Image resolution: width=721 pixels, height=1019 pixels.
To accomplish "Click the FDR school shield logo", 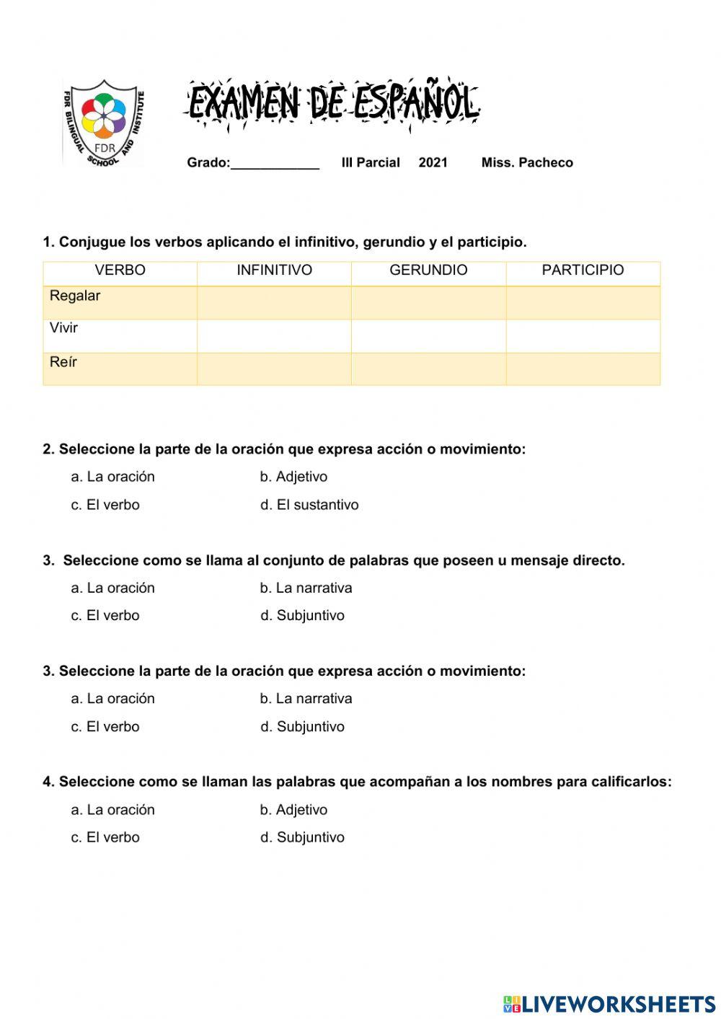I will click(x=104, y=122).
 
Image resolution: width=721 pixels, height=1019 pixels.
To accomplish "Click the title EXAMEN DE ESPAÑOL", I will click(x=333, y=103).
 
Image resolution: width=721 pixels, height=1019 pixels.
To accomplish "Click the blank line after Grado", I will click(x=275, y=163).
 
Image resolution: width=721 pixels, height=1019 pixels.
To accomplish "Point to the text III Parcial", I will click(x=371, y=163).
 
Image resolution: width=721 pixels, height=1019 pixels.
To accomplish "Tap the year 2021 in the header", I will click(x=433, y=163).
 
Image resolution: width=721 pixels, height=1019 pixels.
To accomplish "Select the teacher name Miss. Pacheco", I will click(x=527, y=163).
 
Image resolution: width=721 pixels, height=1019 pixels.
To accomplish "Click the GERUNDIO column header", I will click(x=428, y=270).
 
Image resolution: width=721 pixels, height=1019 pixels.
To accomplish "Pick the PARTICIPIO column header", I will click(x=583, y=270).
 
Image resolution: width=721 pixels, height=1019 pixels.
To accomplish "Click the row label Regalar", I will click(x=75, y=296).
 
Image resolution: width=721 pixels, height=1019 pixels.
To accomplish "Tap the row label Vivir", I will click(x=63, y=328).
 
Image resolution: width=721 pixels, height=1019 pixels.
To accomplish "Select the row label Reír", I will click(x=63, y=362).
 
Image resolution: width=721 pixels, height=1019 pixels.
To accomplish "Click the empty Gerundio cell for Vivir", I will click(x=428, y=336).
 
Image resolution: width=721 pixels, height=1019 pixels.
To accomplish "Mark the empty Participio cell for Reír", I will click(x=583, y=369).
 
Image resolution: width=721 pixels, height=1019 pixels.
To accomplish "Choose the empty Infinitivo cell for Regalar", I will click(x=274, y=303).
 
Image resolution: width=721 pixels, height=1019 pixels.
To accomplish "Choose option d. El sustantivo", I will click(x=309, y=505).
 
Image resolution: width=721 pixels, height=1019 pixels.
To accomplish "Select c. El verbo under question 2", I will click(x=105, y=505).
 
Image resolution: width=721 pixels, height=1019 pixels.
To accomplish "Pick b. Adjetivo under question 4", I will click(x=293, y=810).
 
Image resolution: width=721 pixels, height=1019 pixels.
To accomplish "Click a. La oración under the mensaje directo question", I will click(x=112, y=588).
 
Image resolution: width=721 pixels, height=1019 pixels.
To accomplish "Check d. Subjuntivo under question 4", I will click(x=302, y=837).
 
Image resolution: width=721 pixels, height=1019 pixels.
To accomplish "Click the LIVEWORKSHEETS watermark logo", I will click(x=609, y=1004).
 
